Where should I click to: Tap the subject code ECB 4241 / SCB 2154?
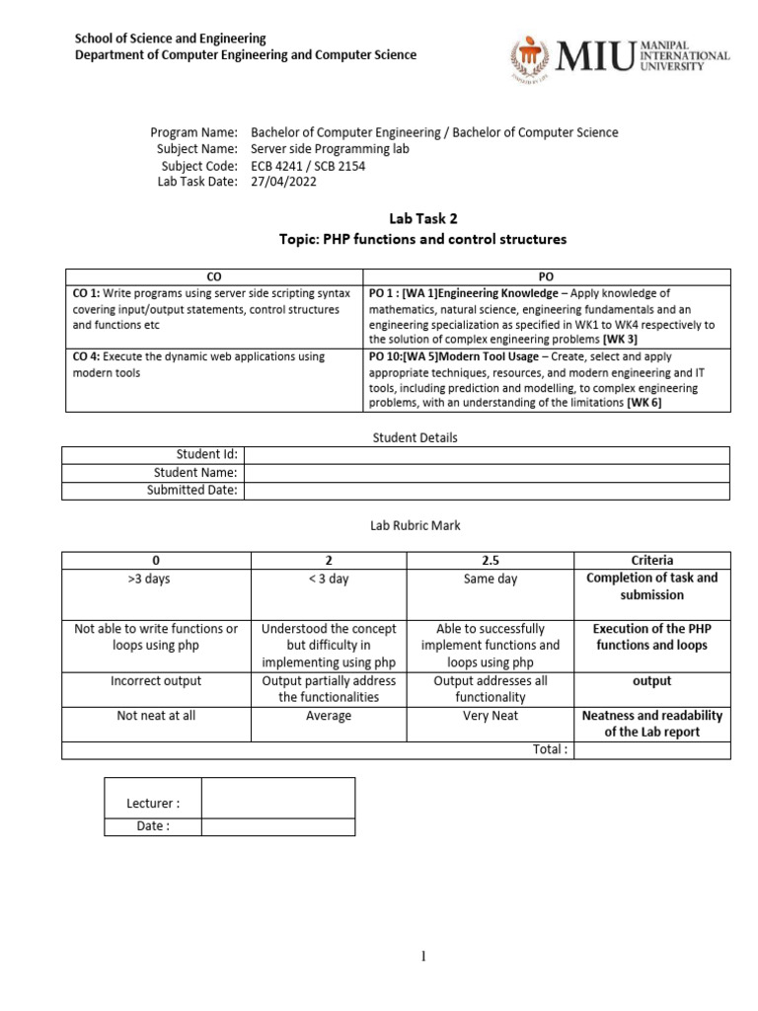click(x=308, y=166)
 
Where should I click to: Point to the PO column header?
click(x=547, y=277)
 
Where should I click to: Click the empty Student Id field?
click(x=487, y=454)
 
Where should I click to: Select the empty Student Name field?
click(x=487, y=472)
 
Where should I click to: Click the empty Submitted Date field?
click(x=487, y=490)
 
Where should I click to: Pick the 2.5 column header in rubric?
click(x=491, y=560)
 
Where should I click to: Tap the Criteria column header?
click(x=651, y=560)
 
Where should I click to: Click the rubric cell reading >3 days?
click(x=156, y=579)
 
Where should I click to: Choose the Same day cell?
click(x=491, y=579)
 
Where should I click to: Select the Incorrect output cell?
click(x=156, y=680)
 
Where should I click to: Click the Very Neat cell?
click(x=491, y=715)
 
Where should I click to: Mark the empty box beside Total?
click(x=651, y=749)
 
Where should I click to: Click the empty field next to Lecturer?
click(x=277, y=798)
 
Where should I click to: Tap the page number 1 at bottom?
click(x=420, y=955)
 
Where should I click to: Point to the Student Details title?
click(x=415, y=436)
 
